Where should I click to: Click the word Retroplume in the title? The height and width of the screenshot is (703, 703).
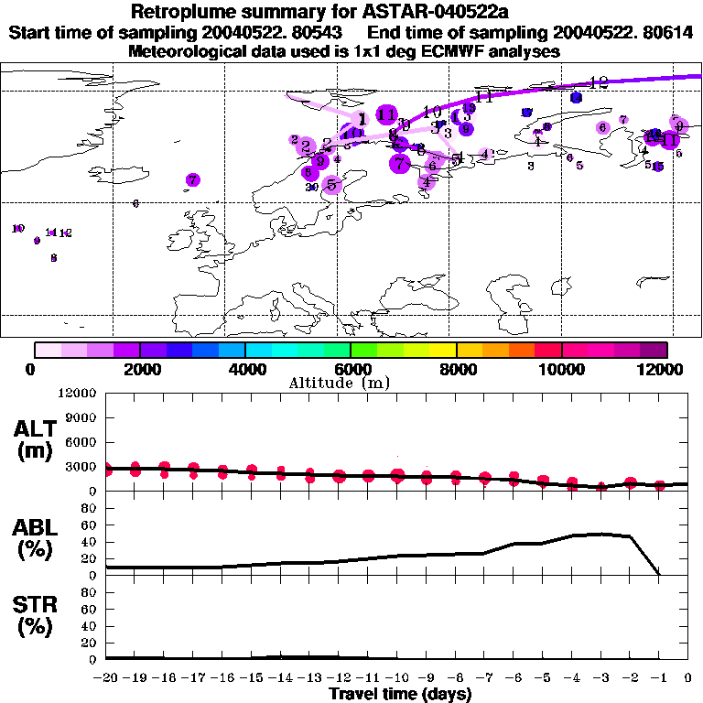click(178, 12)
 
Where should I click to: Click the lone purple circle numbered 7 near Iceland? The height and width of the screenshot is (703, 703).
click(193, 180)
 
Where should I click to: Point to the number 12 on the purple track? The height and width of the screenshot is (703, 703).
click(599, 82)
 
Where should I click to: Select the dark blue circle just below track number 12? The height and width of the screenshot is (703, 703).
click(576, 97)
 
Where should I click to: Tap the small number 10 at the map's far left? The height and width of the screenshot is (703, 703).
click(17, 228)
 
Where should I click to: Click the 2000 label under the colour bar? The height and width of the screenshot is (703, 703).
click(139, 369)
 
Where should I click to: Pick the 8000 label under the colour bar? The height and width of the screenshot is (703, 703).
click(456, 369)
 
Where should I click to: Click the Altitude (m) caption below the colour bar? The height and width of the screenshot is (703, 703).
click(340, 383)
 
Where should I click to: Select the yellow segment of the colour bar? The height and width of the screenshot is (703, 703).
click(443, 350)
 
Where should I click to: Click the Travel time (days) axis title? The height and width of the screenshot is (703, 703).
click(400, 694)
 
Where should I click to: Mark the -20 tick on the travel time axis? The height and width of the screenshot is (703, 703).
click(106, 677)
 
